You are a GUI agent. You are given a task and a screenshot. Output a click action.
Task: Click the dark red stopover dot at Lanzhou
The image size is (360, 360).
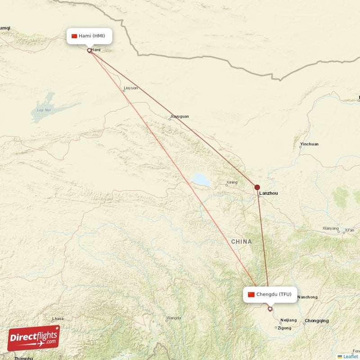click(257, 187)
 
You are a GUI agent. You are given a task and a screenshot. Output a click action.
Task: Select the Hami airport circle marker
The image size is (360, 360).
click(89, 50)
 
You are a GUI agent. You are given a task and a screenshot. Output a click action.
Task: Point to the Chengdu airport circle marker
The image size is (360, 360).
click(270, 309)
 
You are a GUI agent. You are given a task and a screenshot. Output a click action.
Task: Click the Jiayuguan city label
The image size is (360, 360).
click(180, 116)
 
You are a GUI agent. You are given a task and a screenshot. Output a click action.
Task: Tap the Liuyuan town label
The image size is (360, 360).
click(130, 88)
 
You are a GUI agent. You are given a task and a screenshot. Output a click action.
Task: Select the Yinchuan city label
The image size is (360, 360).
click(309, 144)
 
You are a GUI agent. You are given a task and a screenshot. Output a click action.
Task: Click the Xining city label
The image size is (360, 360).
click(232, 182)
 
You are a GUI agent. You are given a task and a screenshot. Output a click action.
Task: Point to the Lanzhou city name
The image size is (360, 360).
click(269, 193)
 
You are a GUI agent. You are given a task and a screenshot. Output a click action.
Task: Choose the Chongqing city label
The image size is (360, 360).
click(316, 321)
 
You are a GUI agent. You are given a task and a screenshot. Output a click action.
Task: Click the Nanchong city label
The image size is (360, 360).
click(308, 297)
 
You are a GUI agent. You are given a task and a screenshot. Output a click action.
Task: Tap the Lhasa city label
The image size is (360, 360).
click(58, 319)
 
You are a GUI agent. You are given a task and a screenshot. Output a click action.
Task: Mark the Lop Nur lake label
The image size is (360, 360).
click(43, 110)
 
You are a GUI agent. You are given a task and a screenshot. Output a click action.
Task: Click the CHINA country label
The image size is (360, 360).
click(242, 242)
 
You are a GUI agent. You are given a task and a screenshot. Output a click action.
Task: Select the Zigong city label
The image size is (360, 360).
click(284, 328)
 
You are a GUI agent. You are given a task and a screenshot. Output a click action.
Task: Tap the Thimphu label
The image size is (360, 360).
click(23, 358)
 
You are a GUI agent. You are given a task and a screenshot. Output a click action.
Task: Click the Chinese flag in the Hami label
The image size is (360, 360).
click(74, 36)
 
